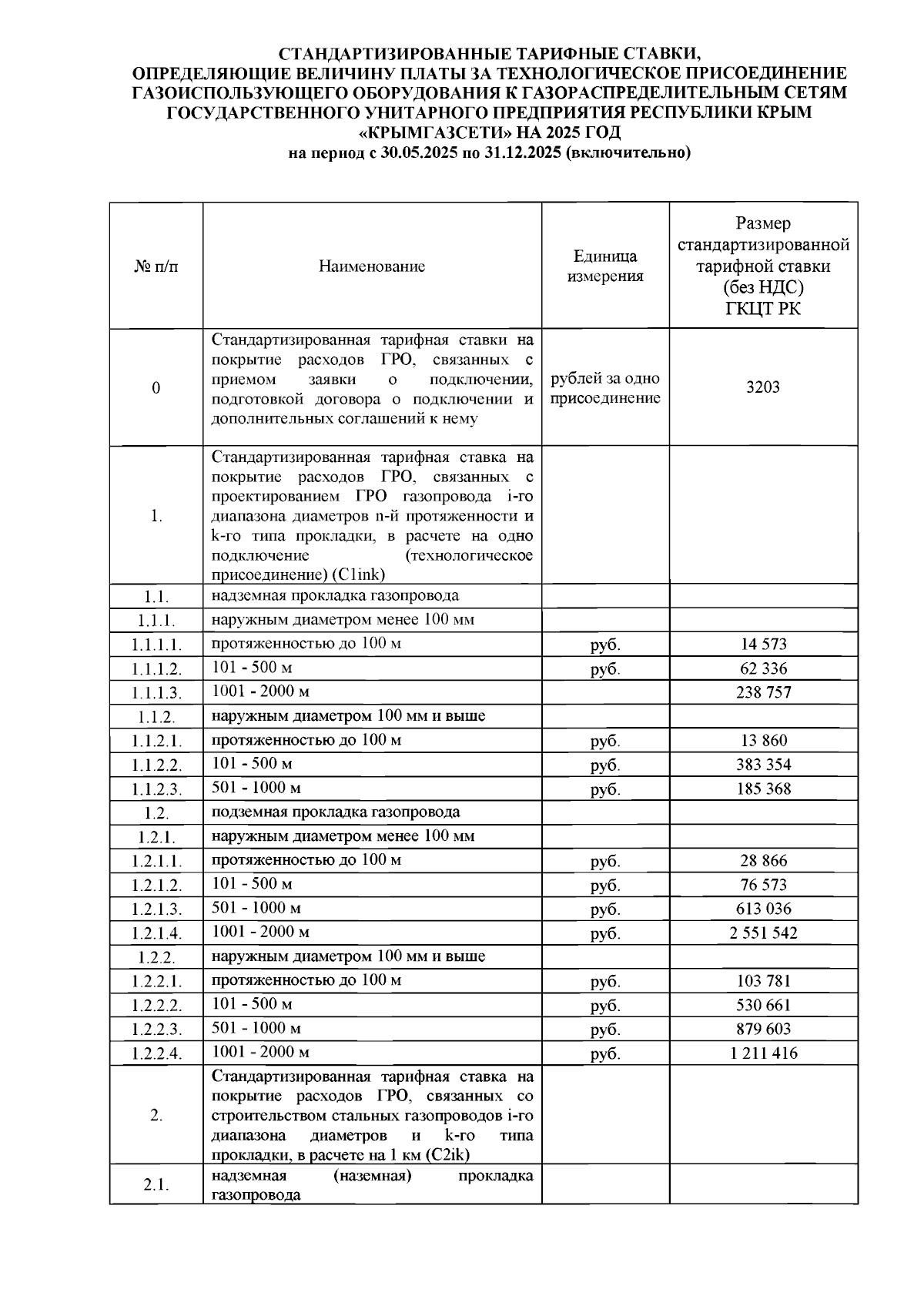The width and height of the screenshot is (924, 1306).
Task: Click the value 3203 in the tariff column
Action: (762, 387)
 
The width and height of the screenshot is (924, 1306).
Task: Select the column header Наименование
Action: (372, 266)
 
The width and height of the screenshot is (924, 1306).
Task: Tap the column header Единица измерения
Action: (605, 266)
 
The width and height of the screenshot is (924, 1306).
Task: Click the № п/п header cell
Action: (156, 266)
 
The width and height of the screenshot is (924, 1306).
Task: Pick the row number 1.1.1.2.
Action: (156, 669)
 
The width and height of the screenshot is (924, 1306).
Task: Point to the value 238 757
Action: (763, 692)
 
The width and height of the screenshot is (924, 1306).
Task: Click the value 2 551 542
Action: (763, 933)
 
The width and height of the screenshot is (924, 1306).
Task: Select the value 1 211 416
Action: (763, 1053)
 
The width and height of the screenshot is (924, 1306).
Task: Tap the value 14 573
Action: (763, 645)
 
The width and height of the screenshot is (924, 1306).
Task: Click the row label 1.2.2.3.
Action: (156, 1030)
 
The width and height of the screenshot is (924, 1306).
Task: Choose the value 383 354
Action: (763, 765)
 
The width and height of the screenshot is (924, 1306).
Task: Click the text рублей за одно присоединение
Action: (605, 388)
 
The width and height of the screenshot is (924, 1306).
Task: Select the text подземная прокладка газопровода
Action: (336, 812)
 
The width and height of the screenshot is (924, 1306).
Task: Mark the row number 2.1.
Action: (156, 1184)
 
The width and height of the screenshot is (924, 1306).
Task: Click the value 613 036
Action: (763, 909)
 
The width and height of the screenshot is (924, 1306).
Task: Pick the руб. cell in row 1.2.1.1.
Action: (605, 861)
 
